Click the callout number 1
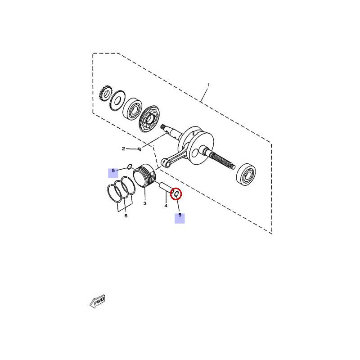208,85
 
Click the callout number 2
123,149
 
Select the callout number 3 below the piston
145,203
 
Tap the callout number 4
166,206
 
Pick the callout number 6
126,216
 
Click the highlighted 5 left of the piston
113,171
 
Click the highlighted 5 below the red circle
180,215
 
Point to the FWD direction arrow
97,301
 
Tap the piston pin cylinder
166,187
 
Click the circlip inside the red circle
176,194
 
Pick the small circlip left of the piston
130,166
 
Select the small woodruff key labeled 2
139,149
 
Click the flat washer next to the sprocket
117,100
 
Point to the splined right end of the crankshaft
223,160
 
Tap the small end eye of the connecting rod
166,164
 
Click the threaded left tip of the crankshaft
163,126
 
